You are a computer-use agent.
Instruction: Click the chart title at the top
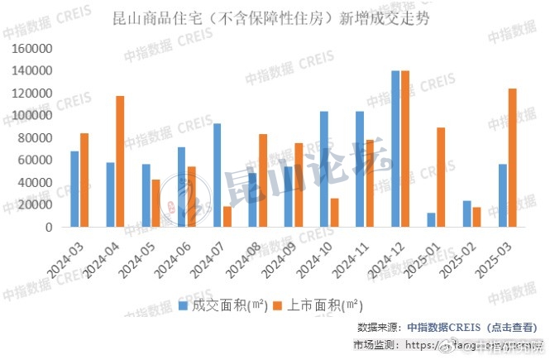275,17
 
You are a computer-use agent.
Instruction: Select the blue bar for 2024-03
75,189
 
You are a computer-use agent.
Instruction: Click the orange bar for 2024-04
120,161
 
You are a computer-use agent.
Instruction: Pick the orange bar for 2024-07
227,217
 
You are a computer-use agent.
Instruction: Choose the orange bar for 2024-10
334,213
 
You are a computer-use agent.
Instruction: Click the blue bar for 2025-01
431,220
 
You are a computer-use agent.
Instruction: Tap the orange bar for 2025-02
476,217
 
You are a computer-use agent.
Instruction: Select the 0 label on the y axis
50,228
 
